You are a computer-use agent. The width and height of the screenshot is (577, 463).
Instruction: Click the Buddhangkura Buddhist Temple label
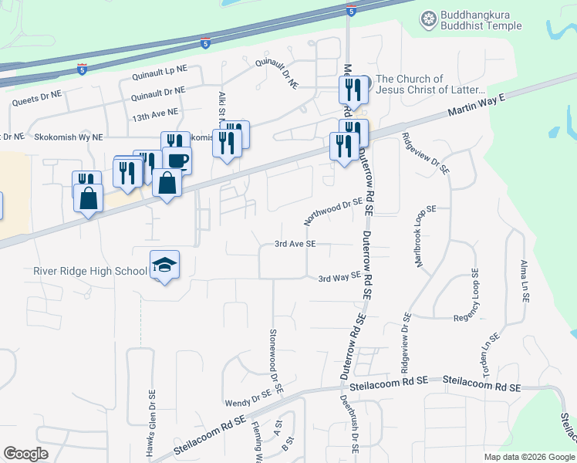click(x=481, y=21)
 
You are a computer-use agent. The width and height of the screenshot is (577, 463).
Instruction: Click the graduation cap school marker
click(x=164, y=265)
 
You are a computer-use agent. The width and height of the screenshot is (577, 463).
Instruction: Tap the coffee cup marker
click(x=177, y=160)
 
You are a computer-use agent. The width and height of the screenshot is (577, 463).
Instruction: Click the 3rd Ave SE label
click(x=295, y=244)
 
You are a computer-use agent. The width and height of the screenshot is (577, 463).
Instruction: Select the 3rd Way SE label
click(x=339, y=276)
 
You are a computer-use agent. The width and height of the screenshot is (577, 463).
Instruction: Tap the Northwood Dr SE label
click(x=332, y=210)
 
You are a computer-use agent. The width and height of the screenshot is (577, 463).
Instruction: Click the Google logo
click(x=25, y=454)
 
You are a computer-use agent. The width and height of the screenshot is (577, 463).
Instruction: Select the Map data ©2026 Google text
click(x=528, y=457)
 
